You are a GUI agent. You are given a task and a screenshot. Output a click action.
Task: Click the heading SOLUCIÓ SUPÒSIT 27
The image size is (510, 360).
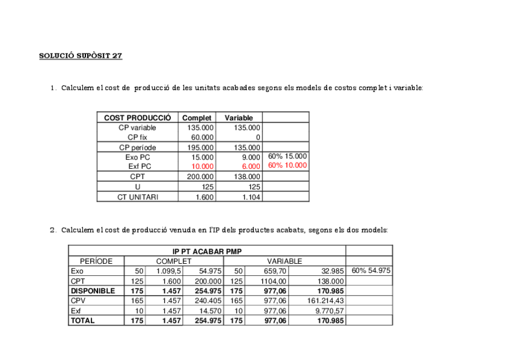tap(81, 56)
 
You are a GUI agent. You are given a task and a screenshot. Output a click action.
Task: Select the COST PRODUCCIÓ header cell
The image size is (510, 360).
tap(137, 118)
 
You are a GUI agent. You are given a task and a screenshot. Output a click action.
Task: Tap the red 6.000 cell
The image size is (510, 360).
tap(250, 166)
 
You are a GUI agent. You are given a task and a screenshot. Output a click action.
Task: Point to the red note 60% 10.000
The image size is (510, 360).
tap(287, 166)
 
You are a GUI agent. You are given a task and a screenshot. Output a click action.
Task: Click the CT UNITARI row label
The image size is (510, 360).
tap(138, 197)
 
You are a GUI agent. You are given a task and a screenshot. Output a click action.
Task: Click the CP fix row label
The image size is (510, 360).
tap(137, 137)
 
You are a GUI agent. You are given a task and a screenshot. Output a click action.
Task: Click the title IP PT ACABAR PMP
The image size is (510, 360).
tap(207, 251)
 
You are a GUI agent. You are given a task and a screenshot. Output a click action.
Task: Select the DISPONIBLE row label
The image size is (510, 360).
tap(93, 291)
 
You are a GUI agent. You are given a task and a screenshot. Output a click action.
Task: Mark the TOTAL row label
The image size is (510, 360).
tap(83, 321)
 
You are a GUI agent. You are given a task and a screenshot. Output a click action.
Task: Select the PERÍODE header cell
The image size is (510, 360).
tap(96, 261)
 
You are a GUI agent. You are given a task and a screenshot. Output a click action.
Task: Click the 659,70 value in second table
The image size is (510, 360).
tap(274, 271)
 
